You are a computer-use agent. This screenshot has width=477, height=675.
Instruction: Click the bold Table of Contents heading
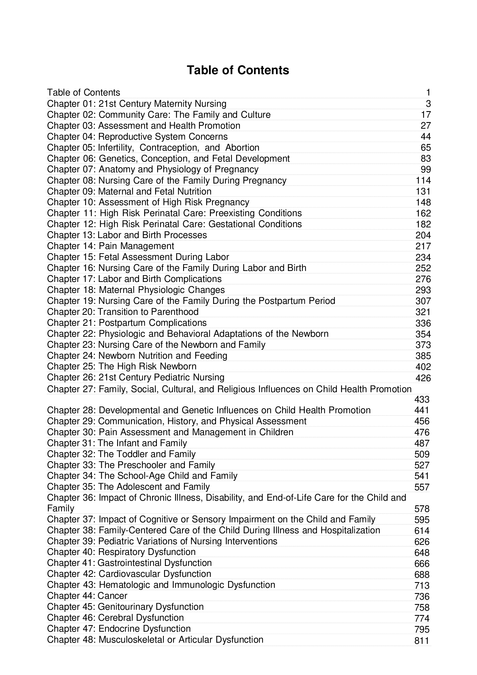tap(238, 70)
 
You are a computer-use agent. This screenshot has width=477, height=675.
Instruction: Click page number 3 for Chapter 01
tap(428, 104)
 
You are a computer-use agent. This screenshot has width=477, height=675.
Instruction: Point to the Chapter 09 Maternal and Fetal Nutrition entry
tap(129, 191)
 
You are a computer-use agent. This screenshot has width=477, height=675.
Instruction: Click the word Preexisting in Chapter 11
tap(232, 213)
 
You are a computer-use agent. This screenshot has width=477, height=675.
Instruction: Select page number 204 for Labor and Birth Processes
tap(423, 235)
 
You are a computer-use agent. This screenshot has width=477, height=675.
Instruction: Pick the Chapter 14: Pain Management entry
tap(110, 246)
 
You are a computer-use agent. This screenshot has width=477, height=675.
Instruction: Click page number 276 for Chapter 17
tap(423, 279)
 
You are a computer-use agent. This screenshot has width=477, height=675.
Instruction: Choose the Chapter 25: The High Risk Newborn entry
tap(122, 366)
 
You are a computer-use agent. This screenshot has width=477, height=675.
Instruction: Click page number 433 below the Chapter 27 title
tap(422, 399)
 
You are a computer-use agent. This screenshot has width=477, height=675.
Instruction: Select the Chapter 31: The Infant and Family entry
tap(117, 443)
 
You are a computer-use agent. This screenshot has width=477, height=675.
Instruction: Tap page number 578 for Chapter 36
tap(422, 509)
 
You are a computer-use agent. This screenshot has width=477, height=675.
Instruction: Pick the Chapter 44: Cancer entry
tap(87, 596)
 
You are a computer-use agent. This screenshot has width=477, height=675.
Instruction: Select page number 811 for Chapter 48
tap(422, 641)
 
